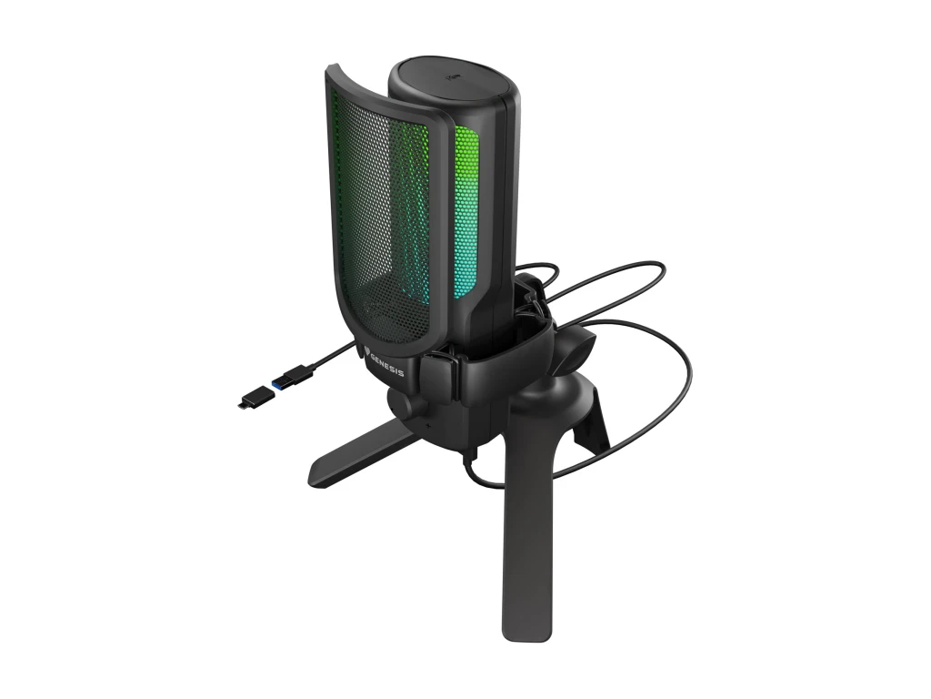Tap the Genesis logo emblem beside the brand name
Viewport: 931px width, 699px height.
coord(370,342)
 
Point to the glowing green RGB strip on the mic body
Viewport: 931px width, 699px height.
coord(467,164)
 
